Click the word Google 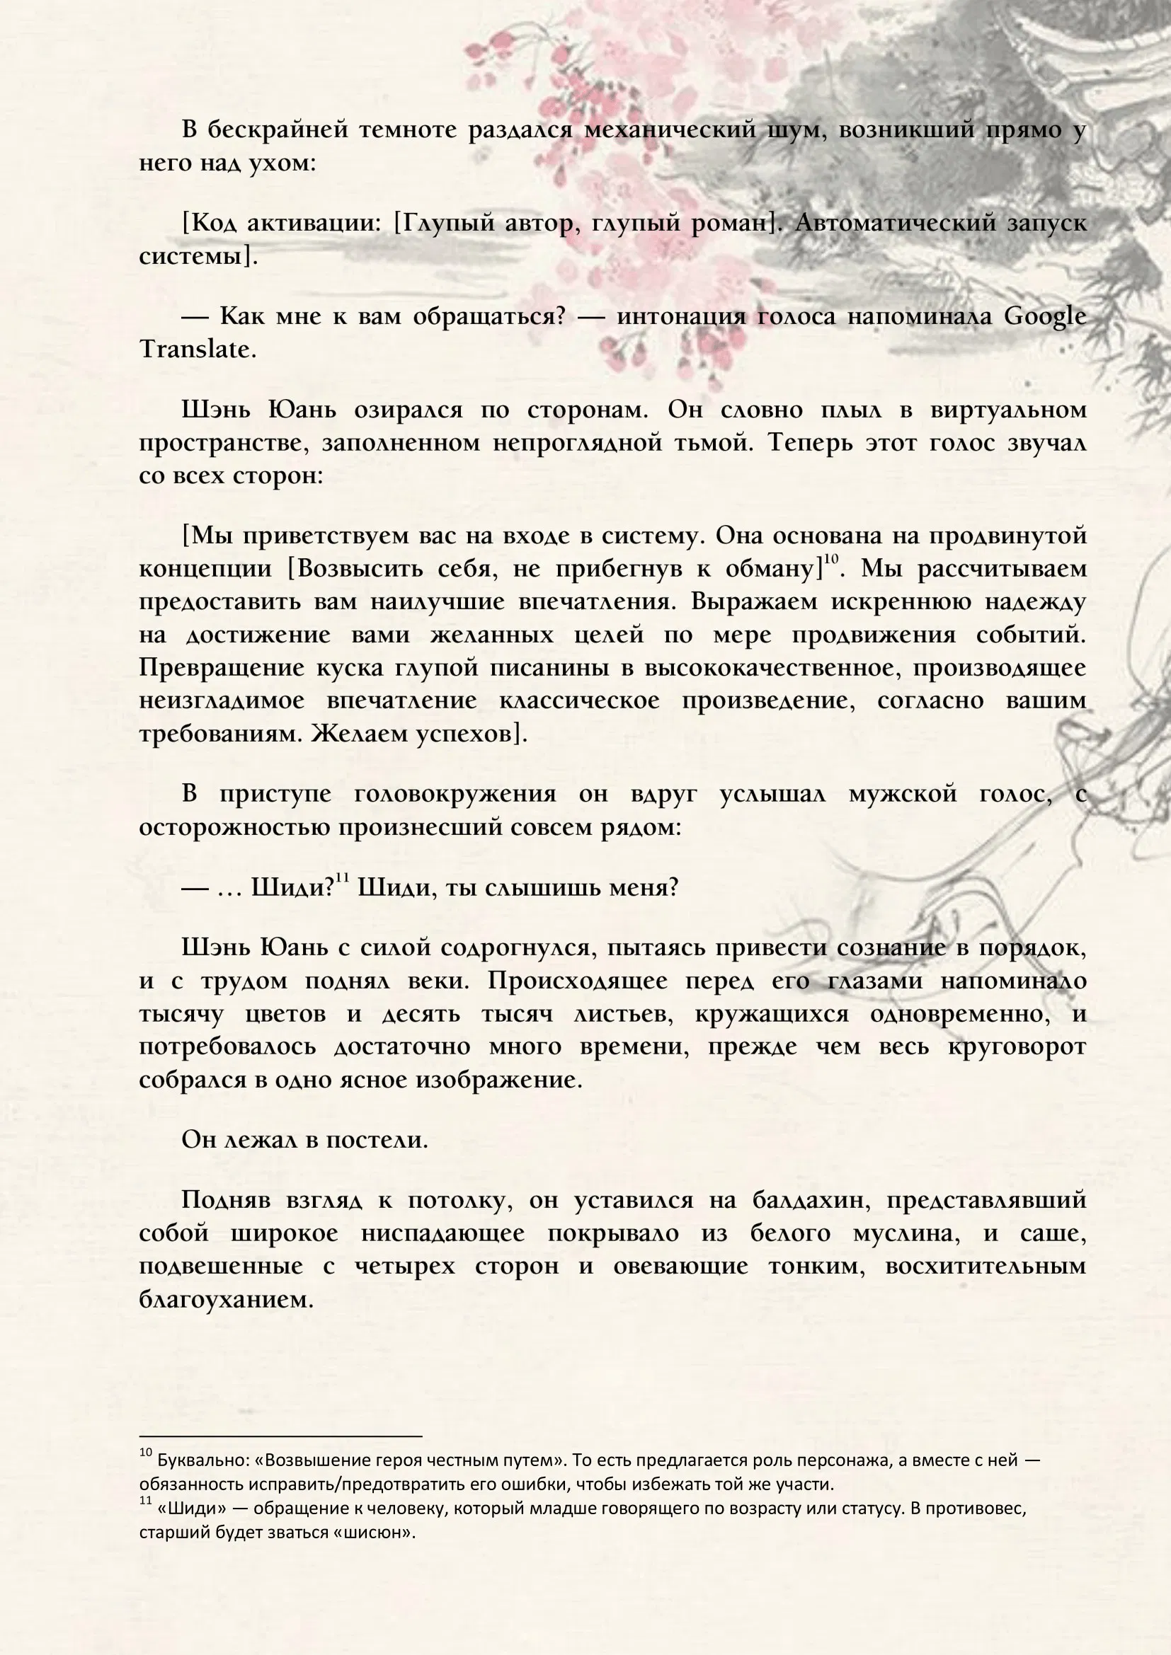tap(1045, 316)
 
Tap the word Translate tap(197, 350)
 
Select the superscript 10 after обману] tap(831, 559)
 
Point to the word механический tap(670, 129)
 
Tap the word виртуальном tap(1008, 410)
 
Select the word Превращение tap(223, 667)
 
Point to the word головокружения tap(455, 794)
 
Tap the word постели tap(377, 1140)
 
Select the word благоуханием tap(227, 1300)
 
